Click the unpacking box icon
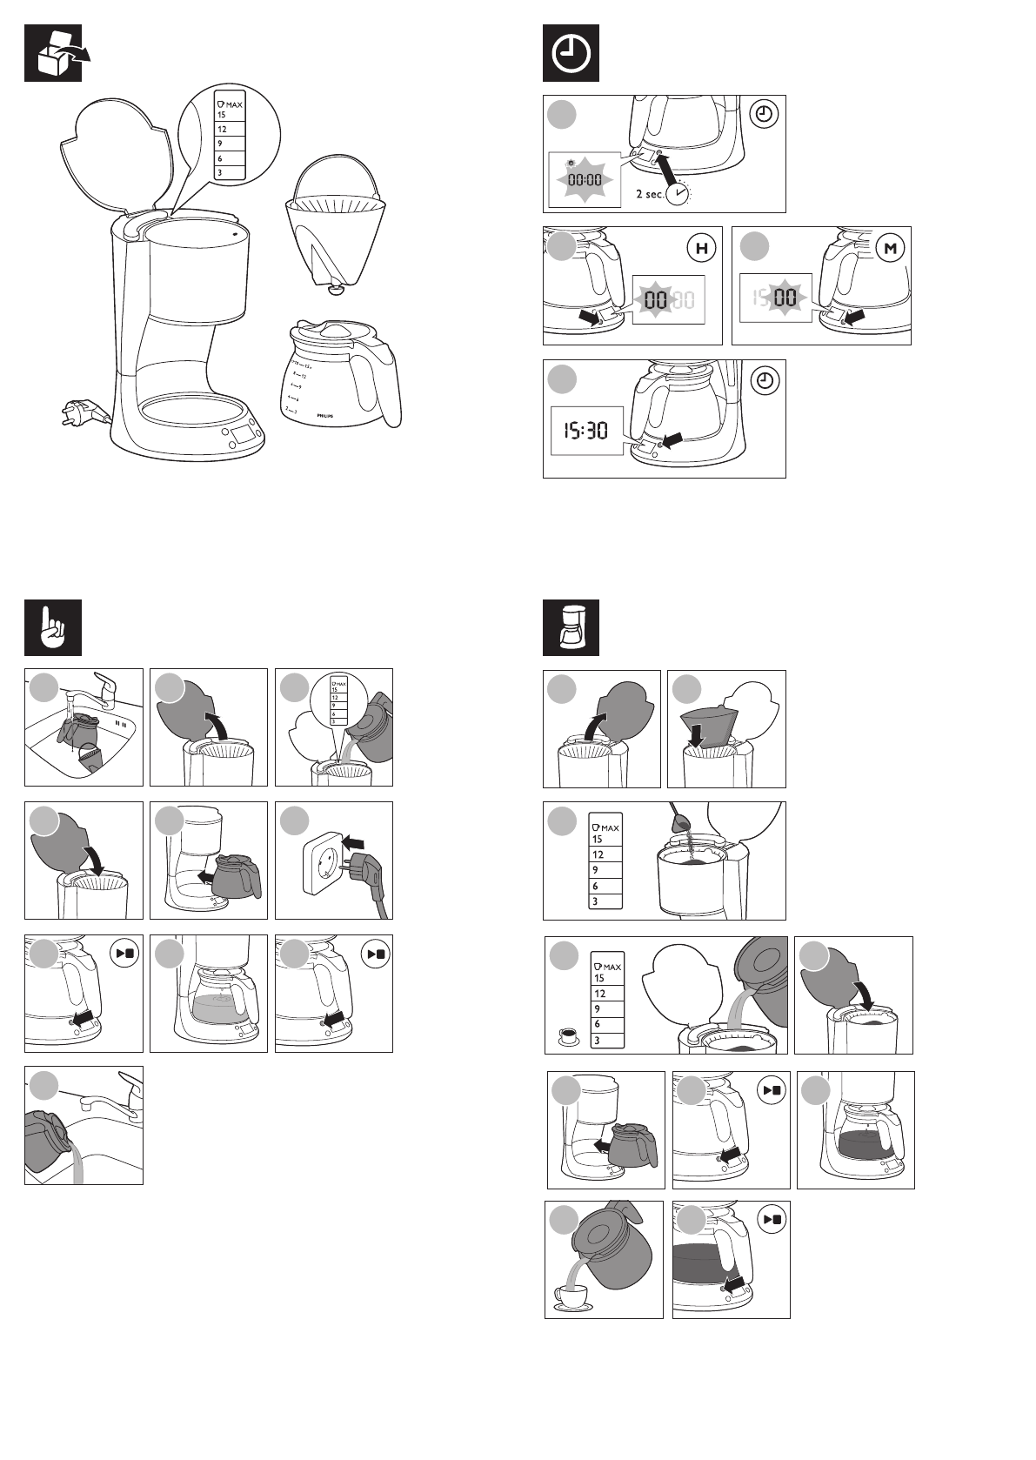[x=53, y=53]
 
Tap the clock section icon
[x=571, y=53]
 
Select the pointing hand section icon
[x=53, y=627]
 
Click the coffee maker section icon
[x=571, y=627]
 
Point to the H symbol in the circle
[x=702, y=249]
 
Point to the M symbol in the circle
[x=890, y=249]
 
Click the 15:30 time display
[x=586, y=430]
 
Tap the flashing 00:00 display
[x=585, y=180]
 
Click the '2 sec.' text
[x=649, y=194]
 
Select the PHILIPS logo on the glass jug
[x=324, y=417]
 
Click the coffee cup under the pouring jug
[x=573, y=1299]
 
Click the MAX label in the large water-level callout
[x=230, y=104]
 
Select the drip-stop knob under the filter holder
[x=334, y=289]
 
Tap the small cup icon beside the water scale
[x=568, y=1035]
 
